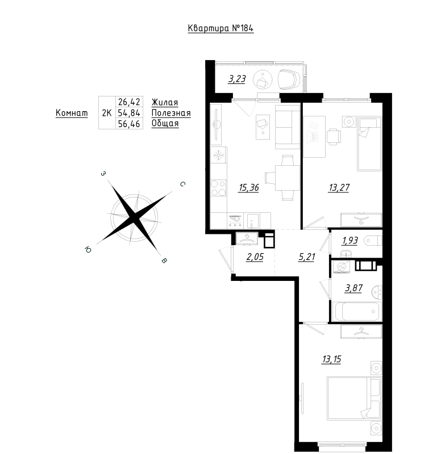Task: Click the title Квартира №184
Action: click(221, 28)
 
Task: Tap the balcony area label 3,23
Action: click(237, 79)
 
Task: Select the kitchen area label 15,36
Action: click(248, 188)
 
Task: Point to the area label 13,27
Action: click(339, 188)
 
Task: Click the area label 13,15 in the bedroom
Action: click(331, 359)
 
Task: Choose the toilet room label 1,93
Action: click(350, 241)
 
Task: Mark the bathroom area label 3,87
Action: click(353, 288)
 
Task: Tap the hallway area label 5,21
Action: click(306, 257)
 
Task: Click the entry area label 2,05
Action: click(255, 257)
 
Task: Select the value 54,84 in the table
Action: click(129, 112)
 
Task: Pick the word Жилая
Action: click(165, 102)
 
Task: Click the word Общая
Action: click(165, 123)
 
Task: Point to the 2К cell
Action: click(107, 112)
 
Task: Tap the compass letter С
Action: click(182, 184)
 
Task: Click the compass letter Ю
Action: click(88, 249)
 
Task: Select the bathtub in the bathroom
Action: click(356, 312)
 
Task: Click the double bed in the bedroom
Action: click(353, 398)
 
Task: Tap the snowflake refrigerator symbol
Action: click(219, 155)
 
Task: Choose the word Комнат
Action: click(72, 112)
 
